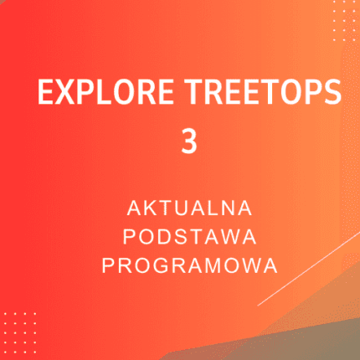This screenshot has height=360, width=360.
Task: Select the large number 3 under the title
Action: pos(189,140)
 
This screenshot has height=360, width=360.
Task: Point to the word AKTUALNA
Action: pos(189,206)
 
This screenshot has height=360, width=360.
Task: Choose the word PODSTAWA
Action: pos(189,235)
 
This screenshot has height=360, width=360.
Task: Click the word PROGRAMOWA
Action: pos(189,265)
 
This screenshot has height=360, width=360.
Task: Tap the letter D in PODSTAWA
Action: pos(165,235)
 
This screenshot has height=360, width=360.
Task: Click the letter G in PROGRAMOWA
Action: pos(164,265)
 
